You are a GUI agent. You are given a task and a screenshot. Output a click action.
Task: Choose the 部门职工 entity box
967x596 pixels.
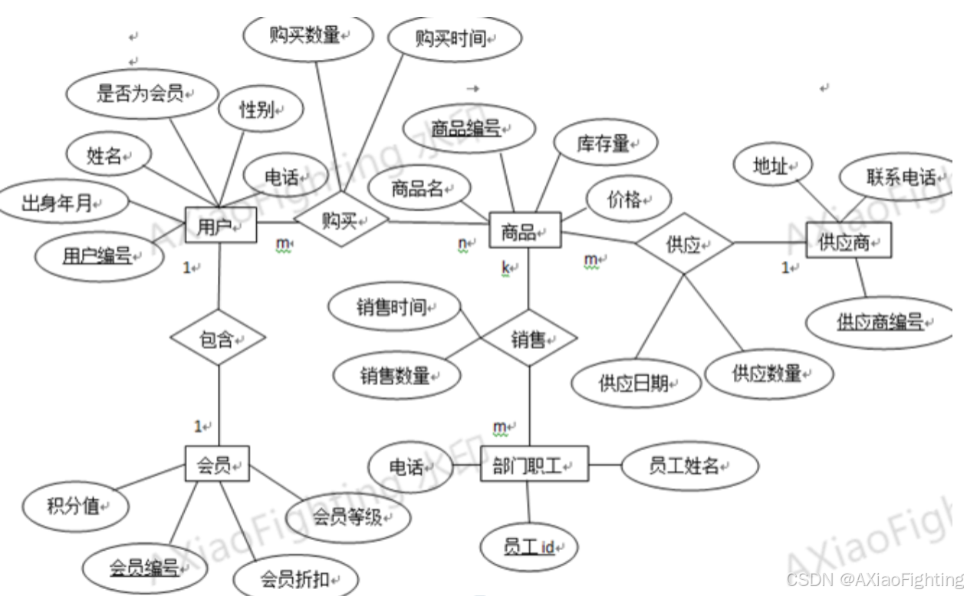524,464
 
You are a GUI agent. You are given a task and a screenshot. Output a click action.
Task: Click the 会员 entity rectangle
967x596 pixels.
218,464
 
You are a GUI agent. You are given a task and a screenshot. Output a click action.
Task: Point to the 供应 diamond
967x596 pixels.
684,245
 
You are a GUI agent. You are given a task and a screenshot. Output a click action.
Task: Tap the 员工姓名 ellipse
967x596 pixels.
689,465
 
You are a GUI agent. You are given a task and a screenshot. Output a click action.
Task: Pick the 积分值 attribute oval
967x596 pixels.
76,506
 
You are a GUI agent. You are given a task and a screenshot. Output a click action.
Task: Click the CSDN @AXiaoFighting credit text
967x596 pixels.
874,579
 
